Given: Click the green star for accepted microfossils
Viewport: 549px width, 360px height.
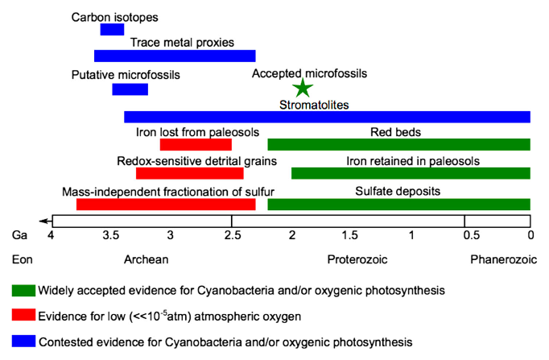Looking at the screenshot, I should (x=302, y=88).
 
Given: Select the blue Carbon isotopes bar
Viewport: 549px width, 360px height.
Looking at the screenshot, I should (x=112, y=30).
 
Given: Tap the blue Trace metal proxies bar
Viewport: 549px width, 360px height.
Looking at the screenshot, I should (x=175, y=56).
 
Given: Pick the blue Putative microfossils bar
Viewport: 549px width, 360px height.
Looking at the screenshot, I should (x=130, y=89).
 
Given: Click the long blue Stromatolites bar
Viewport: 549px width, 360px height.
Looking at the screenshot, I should (x=327, y=117).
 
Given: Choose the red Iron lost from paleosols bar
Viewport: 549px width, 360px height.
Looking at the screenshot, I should (x=196, y=145).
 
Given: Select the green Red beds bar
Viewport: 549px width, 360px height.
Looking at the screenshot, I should (x=398, y=145).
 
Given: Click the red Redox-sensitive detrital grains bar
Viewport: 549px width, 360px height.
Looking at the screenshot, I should (x=189, y=173).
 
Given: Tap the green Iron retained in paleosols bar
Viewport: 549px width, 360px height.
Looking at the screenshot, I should (x=411, y=173).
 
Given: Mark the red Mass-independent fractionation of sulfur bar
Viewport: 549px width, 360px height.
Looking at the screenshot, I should (x=166, y=205).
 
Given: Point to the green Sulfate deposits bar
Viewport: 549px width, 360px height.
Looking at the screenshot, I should (x=398, y=205).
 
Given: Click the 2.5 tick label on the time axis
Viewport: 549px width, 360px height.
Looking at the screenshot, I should (x=231, y=235).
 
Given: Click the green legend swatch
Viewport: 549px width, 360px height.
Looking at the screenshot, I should (x=23, y=289).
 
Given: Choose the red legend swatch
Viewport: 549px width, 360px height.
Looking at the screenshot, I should (x=23, y=315).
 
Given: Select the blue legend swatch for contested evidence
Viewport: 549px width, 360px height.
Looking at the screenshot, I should (x=23, y=341).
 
